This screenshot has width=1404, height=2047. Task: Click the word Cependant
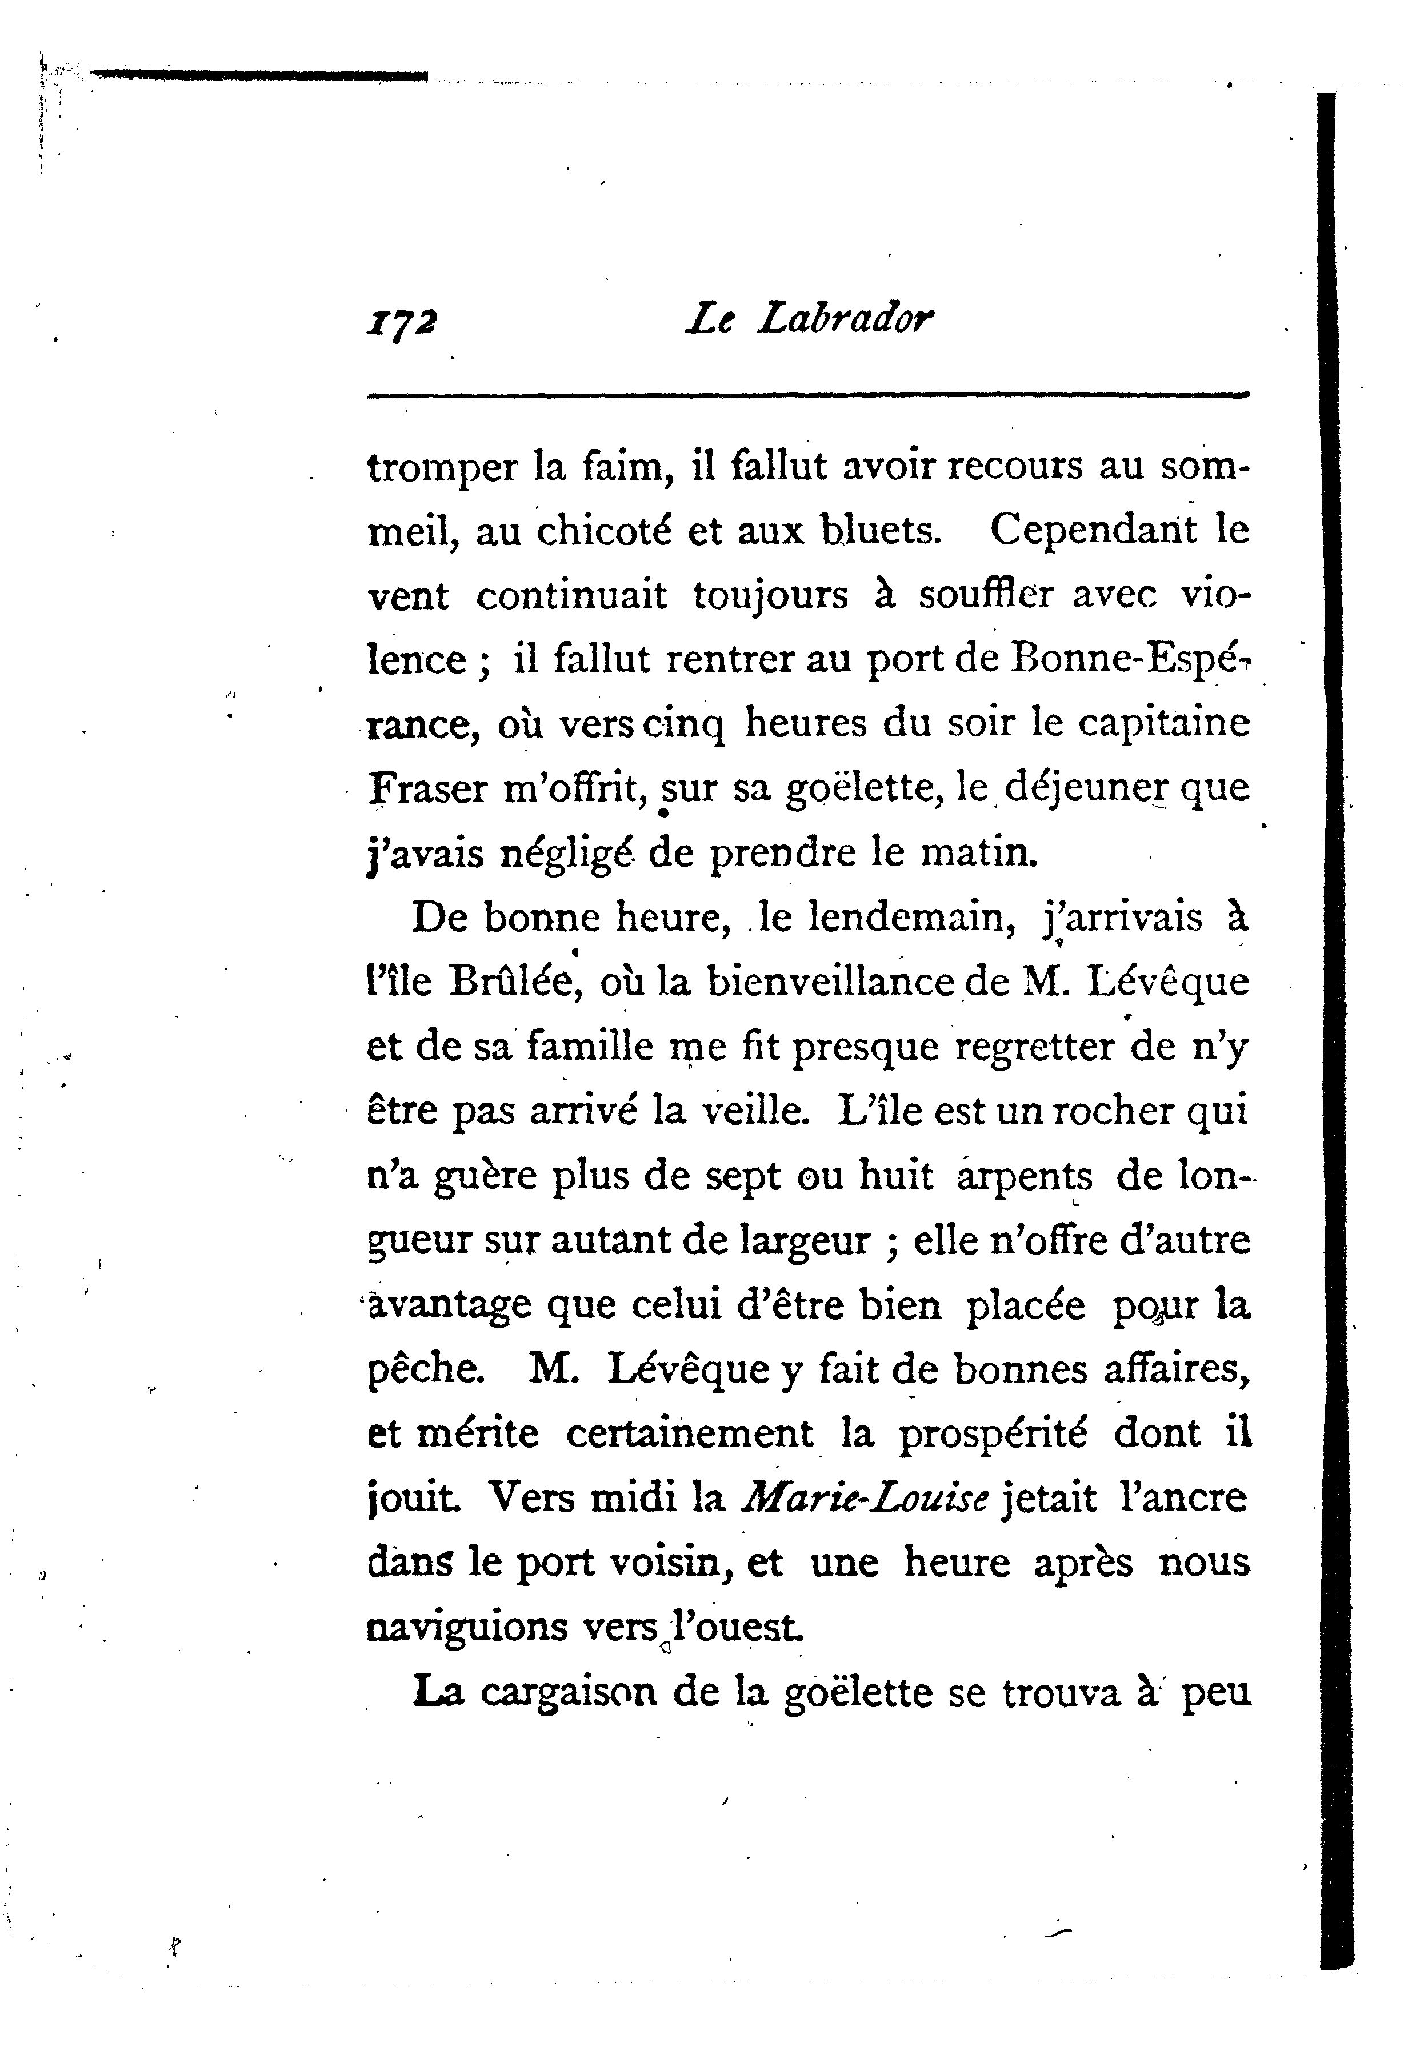pos(1082,530)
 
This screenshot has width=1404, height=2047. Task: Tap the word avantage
pos(449,1306)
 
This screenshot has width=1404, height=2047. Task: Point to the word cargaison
pos(568,1693)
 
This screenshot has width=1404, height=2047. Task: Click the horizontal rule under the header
pos(807,395)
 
